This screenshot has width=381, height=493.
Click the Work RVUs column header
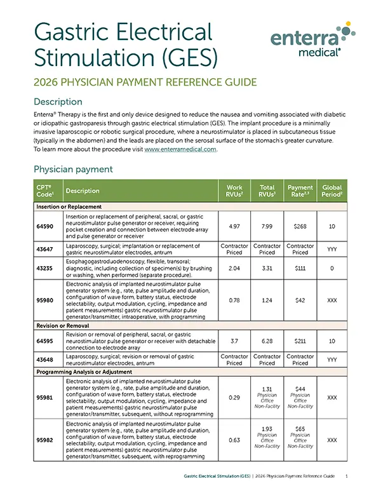tap(234, 191)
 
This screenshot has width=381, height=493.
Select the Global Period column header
tap(331, 191)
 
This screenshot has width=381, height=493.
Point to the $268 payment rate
tap(300, 225)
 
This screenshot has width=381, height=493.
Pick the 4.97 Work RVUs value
tap(234, 225)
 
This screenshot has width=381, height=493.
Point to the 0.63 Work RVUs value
tap(234, 440)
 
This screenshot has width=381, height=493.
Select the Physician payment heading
tap(73, 170)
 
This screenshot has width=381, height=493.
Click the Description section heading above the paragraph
tap(58, 102)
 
